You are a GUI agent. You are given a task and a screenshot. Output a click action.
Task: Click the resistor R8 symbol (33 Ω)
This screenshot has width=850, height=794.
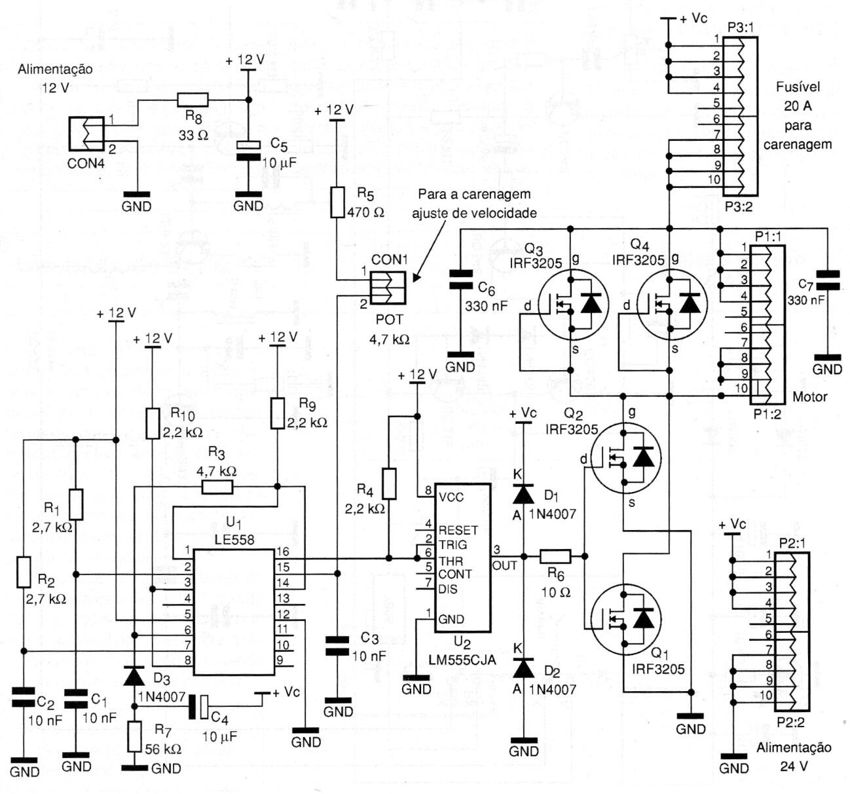tap(193, 100)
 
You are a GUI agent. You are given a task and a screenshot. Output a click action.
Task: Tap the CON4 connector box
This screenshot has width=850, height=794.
tap(86, 134)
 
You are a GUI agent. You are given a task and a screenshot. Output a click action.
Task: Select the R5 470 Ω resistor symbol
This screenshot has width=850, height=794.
tap(337, 202)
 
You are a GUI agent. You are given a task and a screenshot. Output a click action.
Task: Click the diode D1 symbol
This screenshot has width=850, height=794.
tap(523, 493)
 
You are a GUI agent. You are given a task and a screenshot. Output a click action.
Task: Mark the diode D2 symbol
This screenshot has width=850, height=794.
tap(523, 668)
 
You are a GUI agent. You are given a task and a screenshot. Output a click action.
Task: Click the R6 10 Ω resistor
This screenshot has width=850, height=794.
tap(555, 557)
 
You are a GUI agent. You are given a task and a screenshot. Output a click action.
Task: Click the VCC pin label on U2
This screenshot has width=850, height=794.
tap(451, 497)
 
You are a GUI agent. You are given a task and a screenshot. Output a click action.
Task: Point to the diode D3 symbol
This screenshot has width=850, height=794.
tap(134, 675)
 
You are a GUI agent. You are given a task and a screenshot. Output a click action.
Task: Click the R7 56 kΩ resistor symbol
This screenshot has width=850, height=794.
tap(134, 736)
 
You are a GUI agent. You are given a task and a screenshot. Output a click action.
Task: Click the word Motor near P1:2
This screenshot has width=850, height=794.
tap(809, 396)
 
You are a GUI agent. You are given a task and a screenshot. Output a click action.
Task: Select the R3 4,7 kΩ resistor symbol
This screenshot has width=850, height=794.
tap(217, 487)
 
